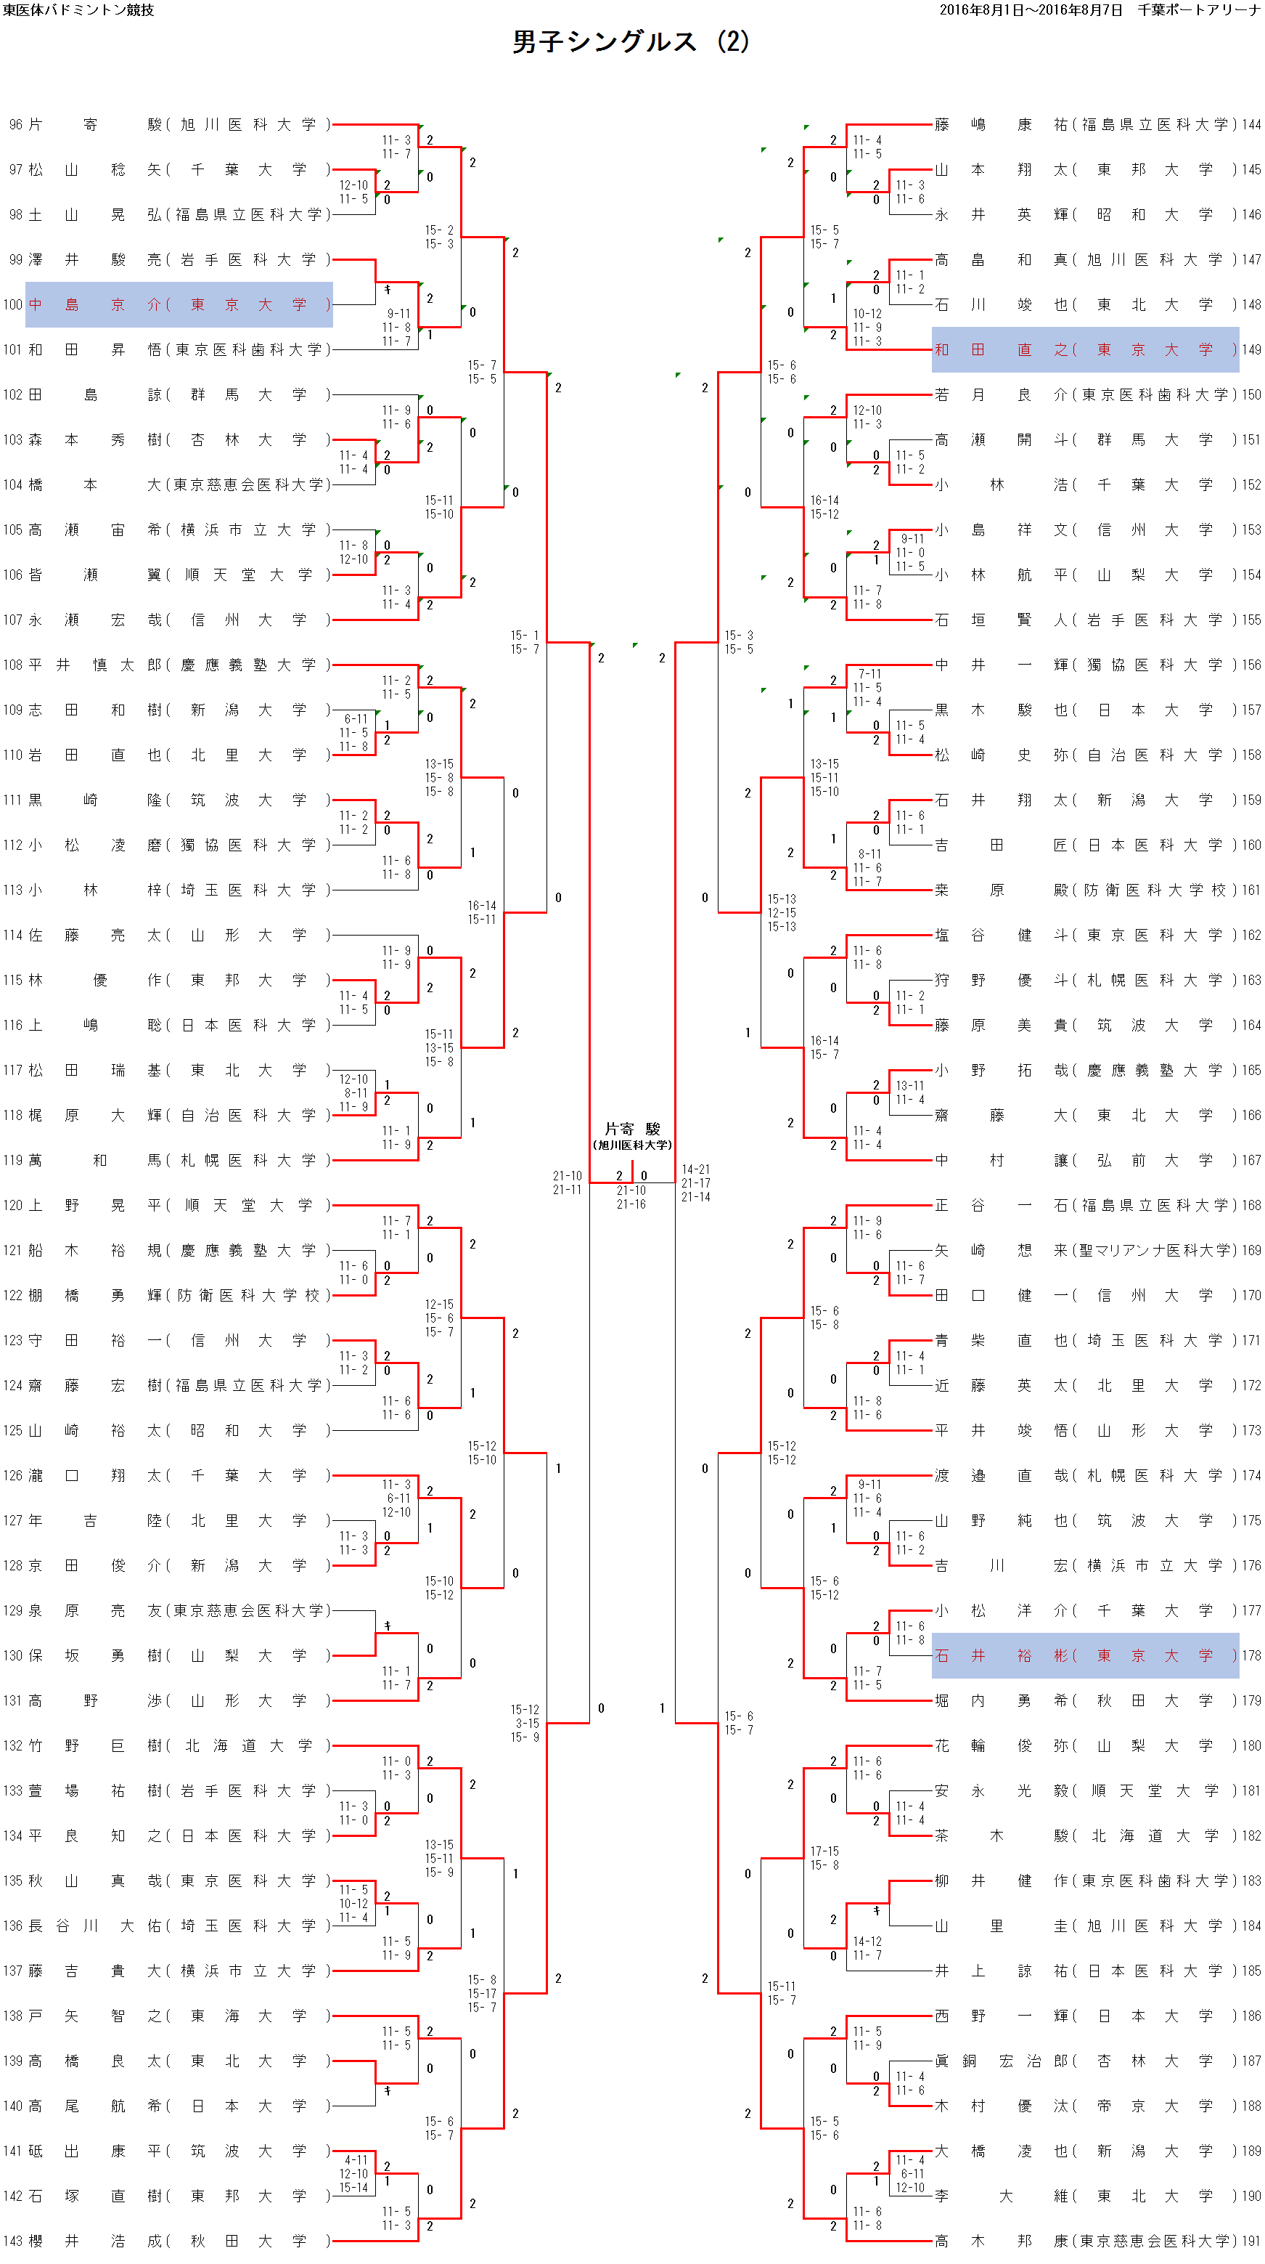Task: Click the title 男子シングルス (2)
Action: click(x=631, y=41)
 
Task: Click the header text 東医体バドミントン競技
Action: click(x=78, y=9)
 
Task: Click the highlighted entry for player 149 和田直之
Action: click(x=1085, y=350)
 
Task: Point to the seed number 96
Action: click(x=15, y=125)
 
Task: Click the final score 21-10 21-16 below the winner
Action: click(x=631, y=1197)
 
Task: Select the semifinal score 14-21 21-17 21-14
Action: click(x=696, y=1183)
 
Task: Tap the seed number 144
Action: click(x=1251, y=125)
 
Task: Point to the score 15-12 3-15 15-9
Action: click(x=525, y=1724)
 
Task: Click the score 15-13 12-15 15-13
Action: click(x=782, y=912)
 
